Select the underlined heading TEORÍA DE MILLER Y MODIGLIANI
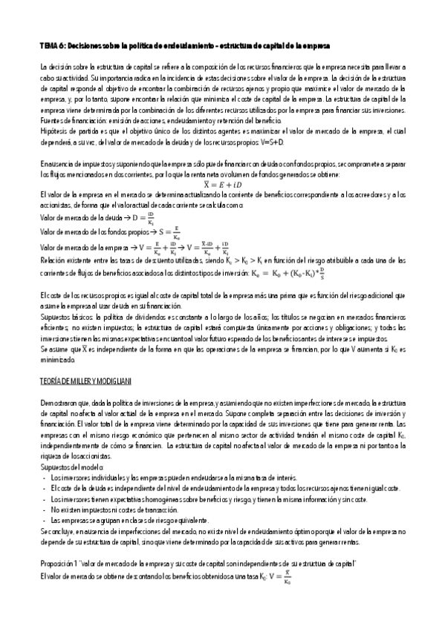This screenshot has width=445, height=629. pos(85,381)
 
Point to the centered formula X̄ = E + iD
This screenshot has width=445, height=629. pos(222,183)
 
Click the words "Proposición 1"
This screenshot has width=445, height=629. pos(60,565)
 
